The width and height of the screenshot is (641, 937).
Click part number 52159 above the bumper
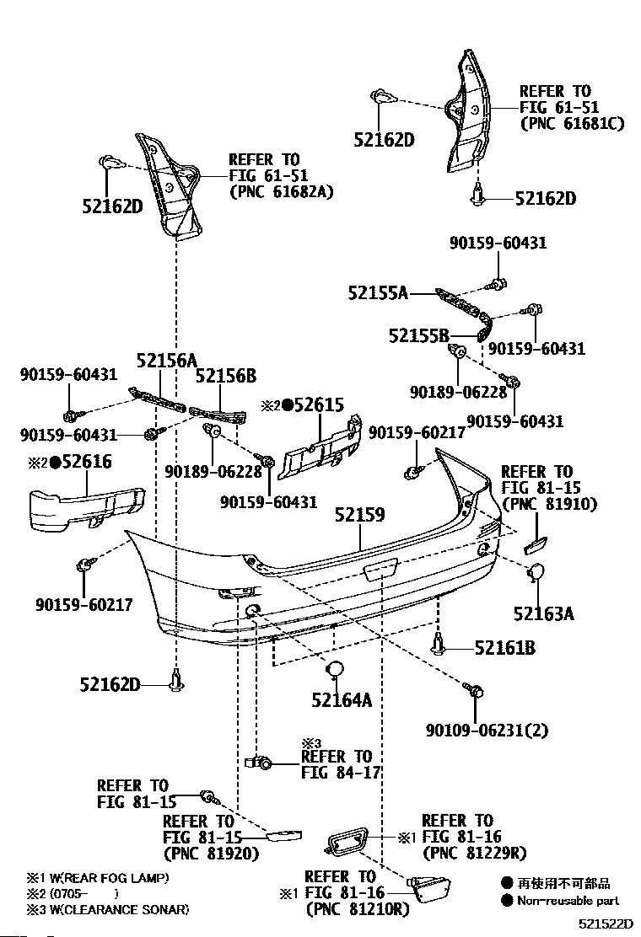(x=359, y=515)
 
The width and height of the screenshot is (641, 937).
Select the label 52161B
(x=504, y=648)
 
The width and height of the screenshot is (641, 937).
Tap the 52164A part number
(x=342, y=699)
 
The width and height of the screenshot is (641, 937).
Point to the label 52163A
(x=543, y=613)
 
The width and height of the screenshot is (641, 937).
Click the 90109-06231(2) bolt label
(x=487, y=730)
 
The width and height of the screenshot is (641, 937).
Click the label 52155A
(x=378, y=293)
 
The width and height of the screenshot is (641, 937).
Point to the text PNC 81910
(x=550, y=505)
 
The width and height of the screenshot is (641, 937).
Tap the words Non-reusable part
(x=568, y=901)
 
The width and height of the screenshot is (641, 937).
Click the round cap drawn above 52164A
(x=335, y=669)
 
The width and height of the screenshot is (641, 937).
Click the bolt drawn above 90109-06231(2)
(x=474, y=689)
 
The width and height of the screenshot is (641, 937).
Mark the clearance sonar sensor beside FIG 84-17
(x=259, y=762)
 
